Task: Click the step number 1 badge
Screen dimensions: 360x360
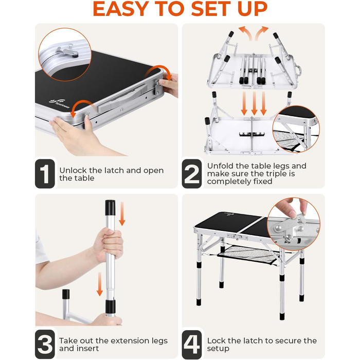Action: pyautogui.click(x=45, y=174)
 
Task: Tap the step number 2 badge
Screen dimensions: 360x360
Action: pyautogui.click(x=192, y=174)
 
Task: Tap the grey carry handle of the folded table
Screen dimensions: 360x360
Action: pyautogui.click(x=122, y=98)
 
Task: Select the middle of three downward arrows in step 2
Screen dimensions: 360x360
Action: pyautogui.click(x=254, y=103)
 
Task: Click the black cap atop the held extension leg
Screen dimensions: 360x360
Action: pyautogui.click(x=110, y=208)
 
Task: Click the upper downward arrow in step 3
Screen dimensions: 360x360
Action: pyautogui.click(x=122, y=214)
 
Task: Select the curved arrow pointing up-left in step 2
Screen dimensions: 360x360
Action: pyautogui.click(x=245, y=32)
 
